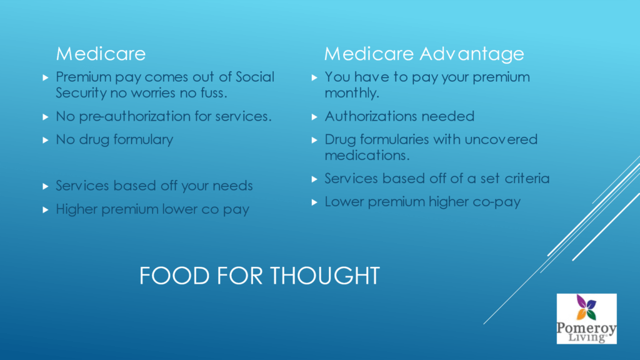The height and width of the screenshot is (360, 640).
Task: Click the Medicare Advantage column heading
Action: coord(424,54)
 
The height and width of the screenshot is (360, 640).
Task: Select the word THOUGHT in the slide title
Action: coord(325,276)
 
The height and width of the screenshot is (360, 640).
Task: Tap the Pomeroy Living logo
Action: coord(586,319)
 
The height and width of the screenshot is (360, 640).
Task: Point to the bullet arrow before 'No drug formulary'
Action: coord(45,140)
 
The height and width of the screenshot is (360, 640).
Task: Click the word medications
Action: coord(367,155)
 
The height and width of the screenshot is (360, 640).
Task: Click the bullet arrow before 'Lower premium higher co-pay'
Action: coord(314,202)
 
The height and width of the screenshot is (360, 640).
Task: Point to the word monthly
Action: coord(352,93)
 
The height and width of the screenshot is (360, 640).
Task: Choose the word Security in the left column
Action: coord(81,93)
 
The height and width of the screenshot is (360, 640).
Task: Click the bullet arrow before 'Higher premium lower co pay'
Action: coord(45,210)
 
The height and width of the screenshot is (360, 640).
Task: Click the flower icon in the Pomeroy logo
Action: coord(586,307)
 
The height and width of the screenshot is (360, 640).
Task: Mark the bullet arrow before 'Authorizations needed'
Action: coord(314,117)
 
